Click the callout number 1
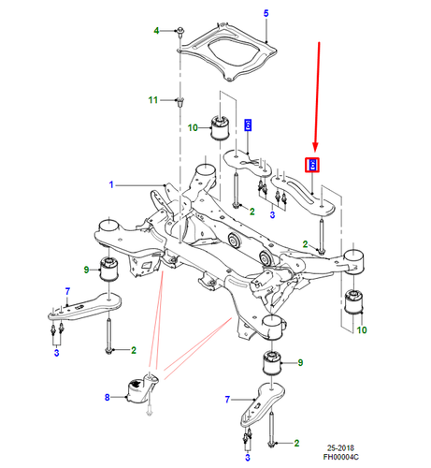111,185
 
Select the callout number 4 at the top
157,32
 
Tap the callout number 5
266,12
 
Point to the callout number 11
153,99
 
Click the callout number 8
108,397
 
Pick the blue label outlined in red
314,166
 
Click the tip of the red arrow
316,152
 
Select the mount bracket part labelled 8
141,388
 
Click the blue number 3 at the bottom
247,457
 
